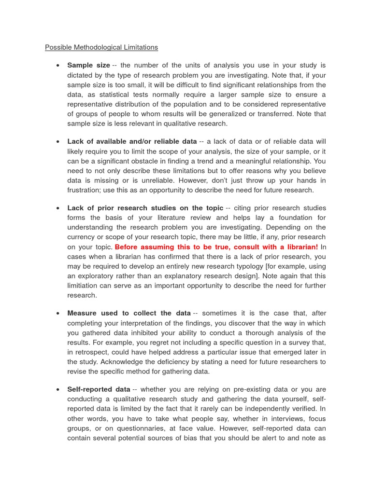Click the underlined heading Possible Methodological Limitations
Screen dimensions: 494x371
(101, 47)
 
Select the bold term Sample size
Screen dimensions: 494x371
(88, 65)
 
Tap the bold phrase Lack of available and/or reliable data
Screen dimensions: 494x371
(132, 141)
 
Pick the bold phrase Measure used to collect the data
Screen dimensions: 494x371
(128, 313)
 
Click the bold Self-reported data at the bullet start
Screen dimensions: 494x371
(99, 389)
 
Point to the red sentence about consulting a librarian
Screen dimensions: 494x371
(216, 247)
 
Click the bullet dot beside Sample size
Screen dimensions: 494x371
(57, 66)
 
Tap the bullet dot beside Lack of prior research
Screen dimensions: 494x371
(57, 208)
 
